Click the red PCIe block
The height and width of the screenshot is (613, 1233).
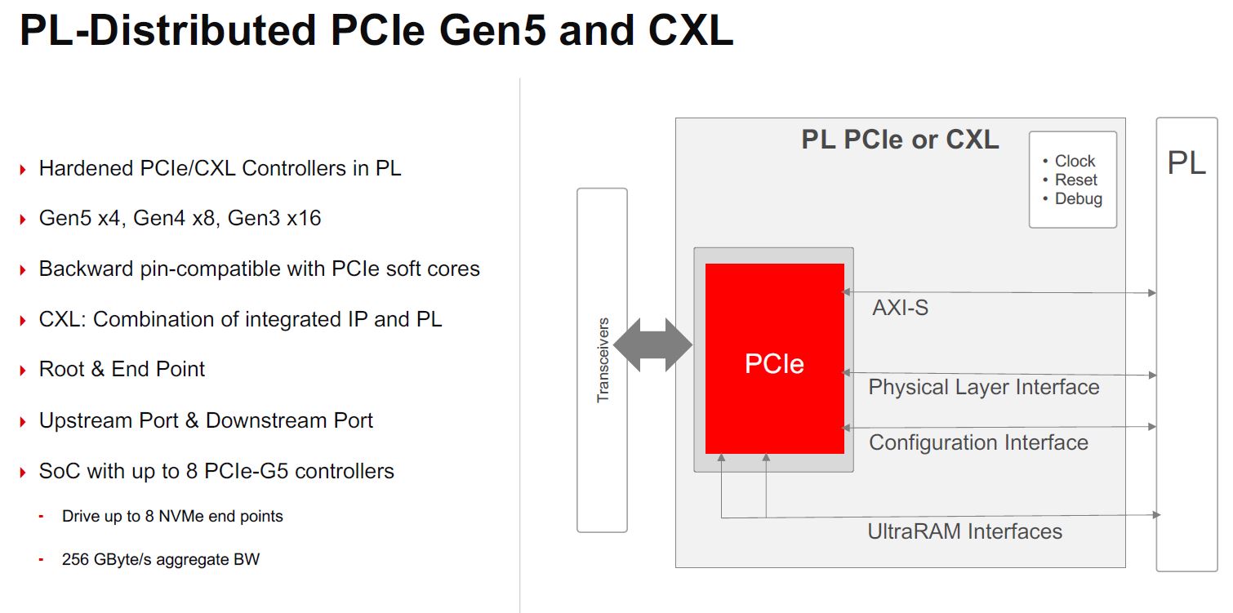point(774,359)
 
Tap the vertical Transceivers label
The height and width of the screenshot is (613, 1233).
point(603,360)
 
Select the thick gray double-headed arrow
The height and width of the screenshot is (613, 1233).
point(652,345)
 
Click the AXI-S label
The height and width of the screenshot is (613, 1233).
point(900,308)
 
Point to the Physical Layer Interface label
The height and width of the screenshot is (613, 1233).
point(983,387)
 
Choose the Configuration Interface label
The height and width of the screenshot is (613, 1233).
point(978,442)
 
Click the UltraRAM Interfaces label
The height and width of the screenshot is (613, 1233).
point(964,531)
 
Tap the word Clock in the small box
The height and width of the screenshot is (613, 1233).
point(1075,162)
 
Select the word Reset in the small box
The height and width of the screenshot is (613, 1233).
point(1075,180)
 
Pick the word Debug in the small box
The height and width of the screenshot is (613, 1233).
point(1078,199)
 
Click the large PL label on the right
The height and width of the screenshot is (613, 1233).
point(1186,163)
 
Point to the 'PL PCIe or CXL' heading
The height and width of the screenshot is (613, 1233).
point(900,140)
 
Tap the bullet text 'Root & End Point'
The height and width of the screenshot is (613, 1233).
point(122,369)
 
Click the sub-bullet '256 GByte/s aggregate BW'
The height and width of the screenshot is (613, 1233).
point(161,560)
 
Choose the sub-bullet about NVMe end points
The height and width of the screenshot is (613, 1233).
point(172,516)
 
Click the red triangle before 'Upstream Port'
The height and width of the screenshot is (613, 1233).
point(23,422)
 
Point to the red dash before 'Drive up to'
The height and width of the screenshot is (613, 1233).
point(41,517)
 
